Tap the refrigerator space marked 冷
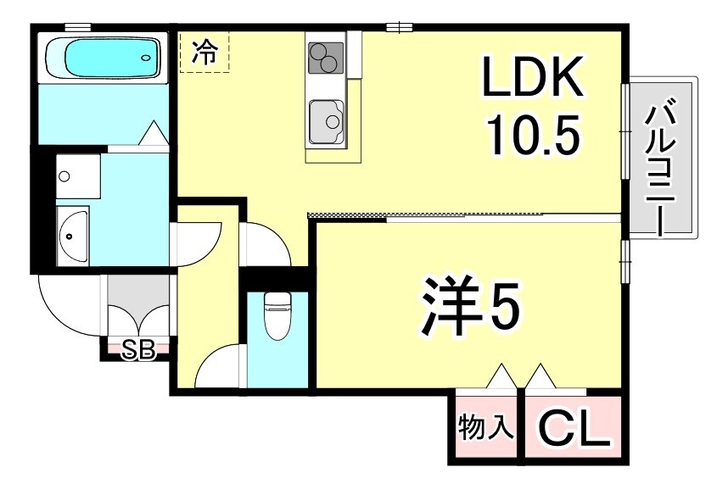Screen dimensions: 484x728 pos(204,53)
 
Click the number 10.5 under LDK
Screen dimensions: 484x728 pos(532,132)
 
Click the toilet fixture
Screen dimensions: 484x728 pos(277,315)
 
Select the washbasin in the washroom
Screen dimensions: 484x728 pos(72,235)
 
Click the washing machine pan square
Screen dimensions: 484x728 pos(78,175)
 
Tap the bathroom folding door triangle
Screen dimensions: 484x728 pos(154,134)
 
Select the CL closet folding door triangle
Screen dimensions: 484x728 pos(540,376)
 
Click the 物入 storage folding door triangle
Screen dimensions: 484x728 pos(501,376)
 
